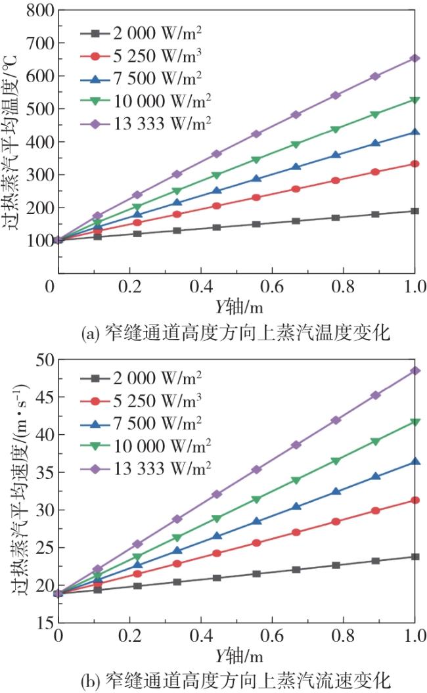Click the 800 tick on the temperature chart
(35, 11)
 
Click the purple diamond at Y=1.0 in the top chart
(415, 58)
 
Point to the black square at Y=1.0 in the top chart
(415, 211)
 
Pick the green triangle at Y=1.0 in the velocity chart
(415, 422)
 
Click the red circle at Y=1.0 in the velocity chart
(415, 500)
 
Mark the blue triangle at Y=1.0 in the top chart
(415, 133)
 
